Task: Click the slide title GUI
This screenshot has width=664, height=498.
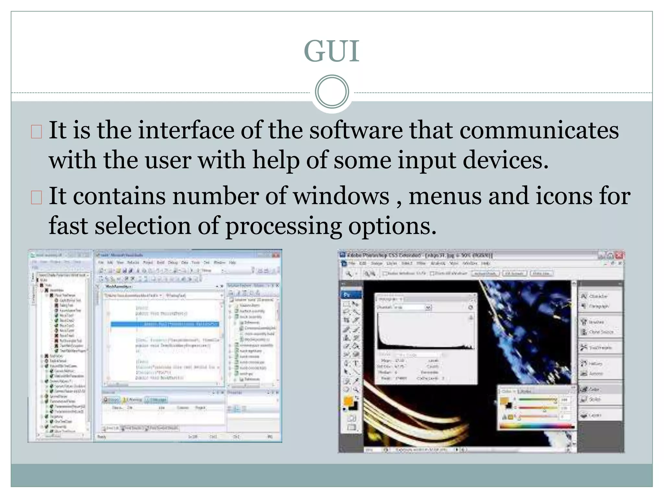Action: coord(332,51)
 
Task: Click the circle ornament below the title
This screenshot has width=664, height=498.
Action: coord(332,92)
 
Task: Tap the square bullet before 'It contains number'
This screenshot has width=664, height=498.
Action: coord(37,197)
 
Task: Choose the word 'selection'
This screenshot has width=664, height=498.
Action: coord(143,226)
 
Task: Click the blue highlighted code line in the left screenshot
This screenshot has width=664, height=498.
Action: coord(165,324)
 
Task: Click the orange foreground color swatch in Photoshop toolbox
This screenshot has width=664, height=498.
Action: coord(348,401)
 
